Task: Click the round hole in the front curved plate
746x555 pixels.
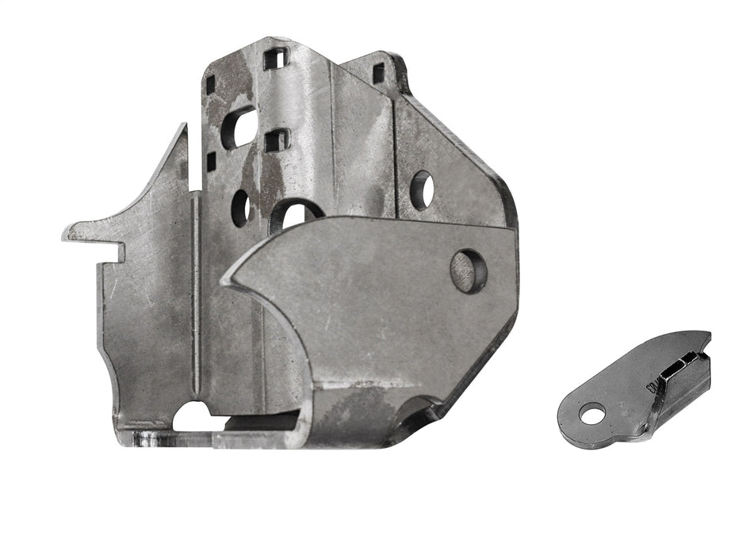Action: coord(469,271)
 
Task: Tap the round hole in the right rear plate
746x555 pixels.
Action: coord(421,189)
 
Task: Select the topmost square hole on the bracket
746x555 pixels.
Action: coord(275,58)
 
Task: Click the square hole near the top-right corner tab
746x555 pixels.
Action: coord(379,74)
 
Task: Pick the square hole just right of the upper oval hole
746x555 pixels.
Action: coord(275,140)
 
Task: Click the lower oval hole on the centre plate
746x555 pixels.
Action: coord(241,208)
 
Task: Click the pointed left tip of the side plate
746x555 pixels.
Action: coord(66,235)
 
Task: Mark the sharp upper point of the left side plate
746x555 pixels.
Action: coord(184,126)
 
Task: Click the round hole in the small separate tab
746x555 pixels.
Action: coord(591,412)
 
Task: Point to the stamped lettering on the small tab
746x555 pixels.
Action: coord(652,387)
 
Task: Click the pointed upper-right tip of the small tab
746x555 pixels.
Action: coord(708,335)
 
